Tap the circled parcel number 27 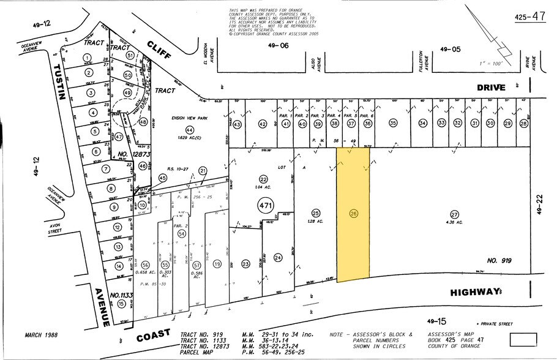coord(454,214)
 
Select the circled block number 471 coord(265,205)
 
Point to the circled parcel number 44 coord(190,130)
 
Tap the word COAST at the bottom coord(153,336)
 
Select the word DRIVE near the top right coord(491,87)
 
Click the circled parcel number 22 coord(263,178)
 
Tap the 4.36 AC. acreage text coord(454,223)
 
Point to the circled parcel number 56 coord(145,264)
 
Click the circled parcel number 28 coord(523,124)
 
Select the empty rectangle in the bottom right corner coord(524,339)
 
